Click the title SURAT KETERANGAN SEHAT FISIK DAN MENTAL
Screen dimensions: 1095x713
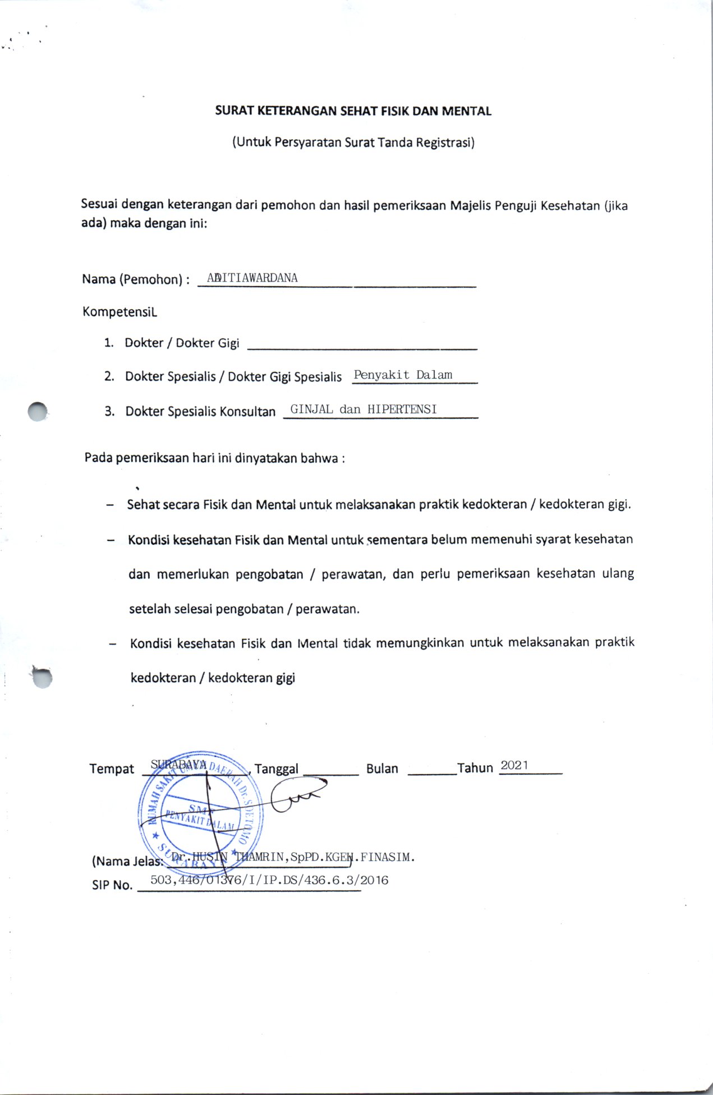click(x=353, y=111)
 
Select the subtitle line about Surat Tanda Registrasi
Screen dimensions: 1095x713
click(x=353, y=142)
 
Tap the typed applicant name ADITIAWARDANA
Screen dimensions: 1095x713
click(x=252, y=278)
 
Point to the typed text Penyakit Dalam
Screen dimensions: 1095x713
click(x=403, y=375)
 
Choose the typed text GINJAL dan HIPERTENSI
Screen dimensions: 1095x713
click(x=363, y=409)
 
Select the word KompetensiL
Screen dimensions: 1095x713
click(x=119, y=311)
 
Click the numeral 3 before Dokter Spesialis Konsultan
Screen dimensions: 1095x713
click(x=109, y=411)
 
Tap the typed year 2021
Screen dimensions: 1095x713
click(x=514, y=765)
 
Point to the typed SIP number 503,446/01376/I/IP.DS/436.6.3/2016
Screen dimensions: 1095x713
click(x=269, y=880)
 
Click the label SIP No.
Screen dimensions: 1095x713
click(x=112, y=885)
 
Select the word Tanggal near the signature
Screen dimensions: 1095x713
click(x=277, y=769)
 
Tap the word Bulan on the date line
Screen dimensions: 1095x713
click(x=382, y=769)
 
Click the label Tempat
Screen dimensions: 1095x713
click(x=112, y=769)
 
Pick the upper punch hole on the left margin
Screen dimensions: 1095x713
click(x=38, y=412)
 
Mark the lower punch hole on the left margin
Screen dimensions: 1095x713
click(x=42, y=677)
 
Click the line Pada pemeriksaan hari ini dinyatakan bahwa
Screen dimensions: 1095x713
click(x=214, y=458)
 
